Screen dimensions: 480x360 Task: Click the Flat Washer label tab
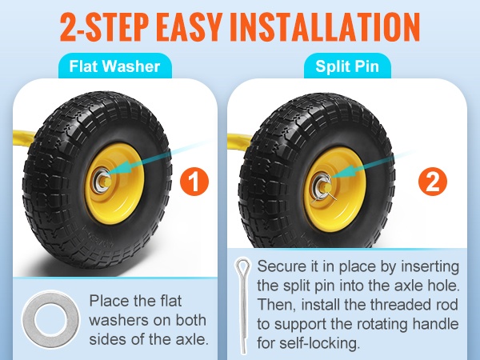(x=115, y=66)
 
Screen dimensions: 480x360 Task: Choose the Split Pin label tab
(x=347, y=66)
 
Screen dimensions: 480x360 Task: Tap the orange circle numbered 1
(x=194, y=182)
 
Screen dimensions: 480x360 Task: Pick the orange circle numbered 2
(x=433, y=182)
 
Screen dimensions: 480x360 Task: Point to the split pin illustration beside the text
(x=243, y=306)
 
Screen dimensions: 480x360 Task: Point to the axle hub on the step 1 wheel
(x=102, y=182)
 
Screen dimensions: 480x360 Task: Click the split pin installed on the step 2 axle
(x=326, y=190)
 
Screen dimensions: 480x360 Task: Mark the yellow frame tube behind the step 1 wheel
(x=24, y=138)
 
